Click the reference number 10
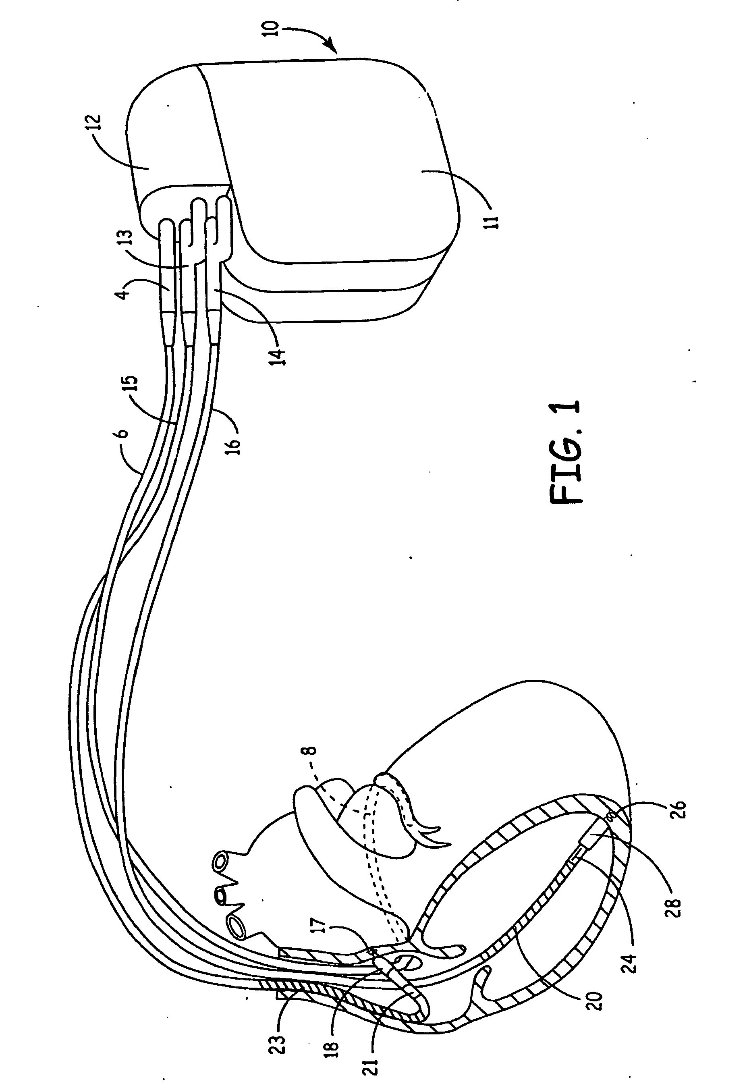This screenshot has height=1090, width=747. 274,29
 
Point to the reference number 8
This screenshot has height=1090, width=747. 313,750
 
